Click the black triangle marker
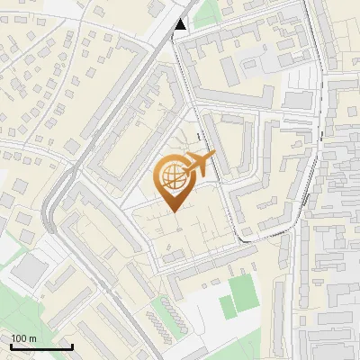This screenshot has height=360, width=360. coord(181,24)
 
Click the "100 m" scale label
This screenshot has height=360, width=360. coord(24,338)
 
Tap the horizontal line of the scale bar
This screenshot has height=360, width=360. coord(41,346)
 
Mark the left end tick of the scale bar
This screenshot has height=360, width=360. coord(11,345)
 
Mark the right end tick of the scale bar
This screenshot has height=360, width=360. coord(72,345)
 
